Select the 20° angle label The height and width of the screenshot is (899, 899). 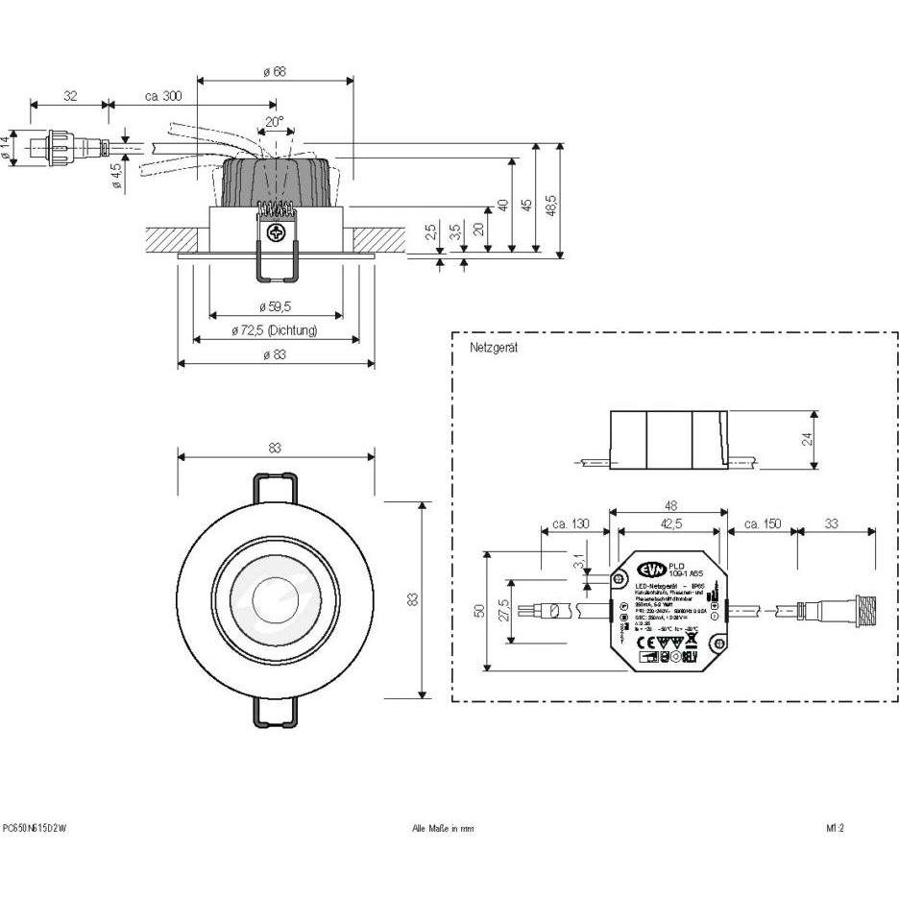[275, 122]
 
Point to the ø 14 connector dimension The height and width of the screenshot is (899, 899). [6, 148]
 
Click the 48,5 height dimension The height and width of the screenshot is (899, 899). [551, 205]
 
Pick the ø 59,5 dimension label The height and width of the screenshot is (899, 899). [275, 306]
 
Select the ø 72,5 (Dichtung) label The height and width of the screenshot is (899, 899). [275, 330]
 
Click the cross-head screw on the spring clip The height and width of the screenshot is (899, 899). [277, 231]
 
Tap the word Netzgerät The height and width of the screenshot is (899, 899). [494, 348]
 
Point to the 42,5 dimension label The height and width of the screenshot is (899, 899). [670, 523]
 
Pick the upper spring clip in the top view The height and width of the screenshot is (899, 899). [275, 486]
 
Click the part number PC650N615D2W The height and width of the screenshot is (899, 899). [36, 828]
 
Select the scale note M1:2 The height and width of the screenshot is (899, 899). [835, 828]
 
